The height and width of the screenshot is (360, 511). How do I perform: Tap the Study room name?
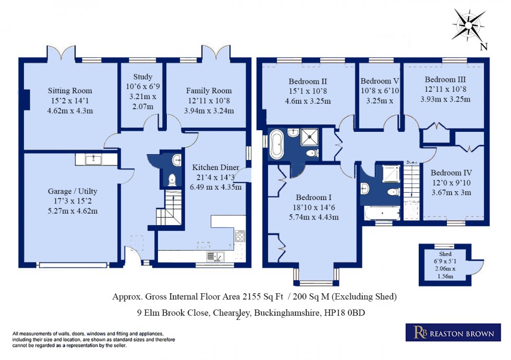tap(142, 77)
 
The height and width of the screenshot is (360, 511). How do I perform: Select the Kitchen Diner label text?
tap(216, 168)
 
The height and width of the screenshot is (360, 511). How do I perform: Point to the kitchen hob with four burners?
tap(240, 236)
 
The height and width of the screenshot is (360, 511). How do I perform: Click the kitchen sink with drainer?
tap(215, 256)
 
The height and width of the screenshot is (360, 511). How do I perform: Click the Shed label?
tap(445, 254)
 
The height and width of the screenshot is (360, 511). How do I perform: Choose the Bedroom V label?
tap(380, 81)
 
